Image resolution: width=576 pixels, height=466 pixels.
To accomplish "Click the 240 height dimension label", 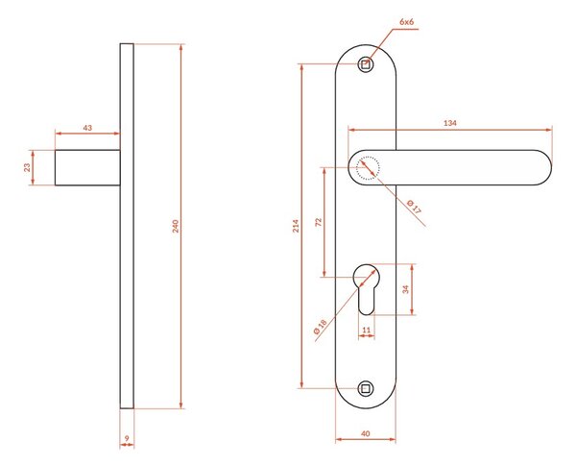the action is pos(176,226).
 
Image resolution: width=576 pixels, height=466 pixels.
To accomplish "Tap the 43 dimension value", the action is pos(87,128).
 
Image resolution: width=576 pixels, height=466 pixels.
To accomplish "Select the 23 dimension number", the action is pos(27,168).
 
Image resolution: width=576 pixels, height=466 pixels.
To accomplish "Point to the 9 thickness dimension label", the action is pos(127,438).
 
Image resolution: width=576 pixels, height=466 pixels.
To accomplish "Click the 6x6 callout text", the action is pos(407,22).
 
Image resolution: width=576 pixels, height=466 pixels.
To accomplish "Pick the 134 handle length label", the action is pos(449,123).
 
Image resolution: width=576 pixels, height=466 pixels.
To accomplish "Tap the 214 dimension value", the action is pos(296,226).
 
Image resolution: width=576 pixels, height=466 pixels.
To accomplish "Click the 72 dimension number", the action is pos(319,222).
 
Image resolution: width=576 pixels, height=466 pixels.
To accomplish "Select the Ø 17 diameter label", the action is pos(415,208).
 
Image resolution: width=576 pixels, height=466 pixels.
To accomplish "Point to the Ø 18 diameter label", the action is pos(321,327).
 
